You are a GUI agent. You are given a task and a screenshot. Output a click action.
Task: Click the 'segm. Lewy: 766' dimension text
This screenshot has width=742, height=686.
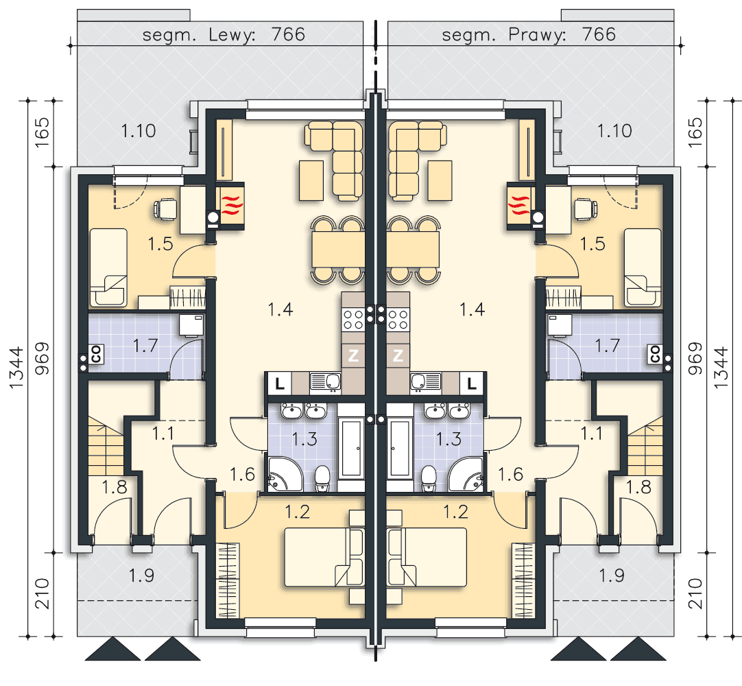224,34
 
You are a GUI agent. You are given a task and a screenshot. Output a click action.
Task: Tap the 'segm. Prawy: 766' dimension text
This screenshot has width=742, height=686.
529,34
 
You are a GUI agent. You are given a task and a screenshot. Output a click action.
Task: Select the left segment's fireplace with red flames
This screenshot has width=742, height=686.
231,206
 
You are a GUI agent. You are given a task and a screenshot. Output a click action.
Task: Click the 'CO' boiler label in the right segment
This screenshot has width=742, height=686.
656,354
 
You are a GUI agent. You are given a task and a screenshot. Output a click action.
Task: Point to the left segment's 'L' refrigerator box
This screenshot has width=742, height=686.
280,383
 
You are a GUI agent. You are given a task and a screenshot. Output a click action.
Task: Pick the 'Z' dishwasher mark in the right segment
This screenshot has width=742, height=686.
398,355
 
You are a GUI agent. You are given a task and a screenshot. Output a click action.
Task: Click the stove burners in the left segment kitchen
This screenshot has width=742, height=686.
353,319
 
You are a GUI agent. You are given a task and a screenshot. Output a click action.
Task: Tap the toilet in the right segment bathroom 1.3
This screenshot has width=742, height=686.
428,478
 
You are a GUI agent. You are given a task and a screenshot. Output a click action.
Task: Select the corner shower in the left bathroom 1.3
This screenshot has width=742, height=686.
285,475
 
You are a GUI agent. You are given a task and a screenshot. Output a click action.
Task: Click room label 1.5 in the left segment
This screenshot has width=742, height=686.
160,244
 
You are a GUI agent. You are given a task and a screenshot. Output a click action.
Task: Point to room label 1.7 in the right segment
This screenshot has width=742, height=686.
607,346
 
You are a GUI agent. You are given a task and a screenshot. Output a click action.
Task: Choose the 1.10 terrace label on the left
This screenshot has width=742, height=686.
138,130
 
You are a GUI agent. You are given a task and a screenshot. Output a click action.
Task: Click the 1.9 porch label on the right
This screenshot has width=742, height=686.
612,576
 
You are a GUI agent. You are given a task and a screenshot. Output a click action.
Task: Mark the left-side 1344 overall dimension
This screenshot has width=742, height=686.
16,368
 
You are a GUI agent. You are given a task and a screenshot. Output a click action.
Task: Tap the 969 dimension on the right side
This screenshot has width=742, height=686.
695,358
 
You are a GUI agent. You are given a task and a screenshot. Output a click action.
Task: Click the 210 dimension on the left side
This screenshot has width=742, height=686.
43,593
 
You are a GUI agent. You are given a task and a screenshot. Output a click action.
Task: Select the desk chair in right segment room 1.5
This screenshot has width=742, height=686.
586,209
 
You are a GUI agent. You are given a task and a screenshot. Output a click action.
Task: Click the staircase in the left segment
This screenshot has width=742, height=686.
106,446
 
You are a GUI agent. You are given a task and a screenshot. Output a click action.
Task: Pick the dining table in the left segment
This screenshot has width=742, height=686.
338,250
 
